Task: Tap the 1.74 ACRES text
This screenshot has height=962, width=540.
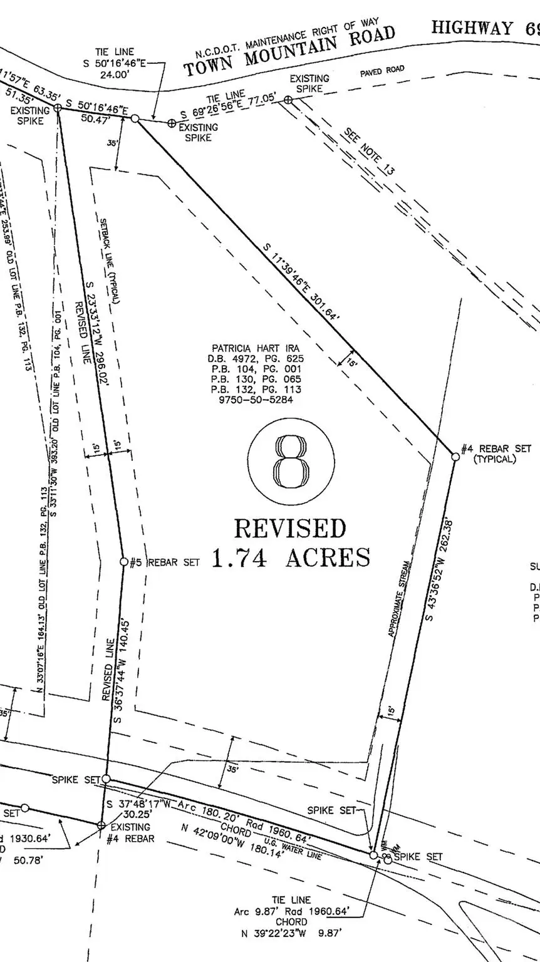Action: point(291,557)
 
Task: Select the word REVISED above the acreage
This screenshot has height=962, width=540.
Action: point(290,529)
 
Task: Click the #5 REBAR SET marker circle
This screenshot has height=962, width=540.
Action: point(124,562)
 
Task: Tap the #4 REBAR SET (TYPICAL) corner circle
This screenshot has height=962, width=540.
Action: point(455,457)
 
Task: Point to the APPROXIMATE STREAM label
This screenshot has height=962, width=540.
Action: point(400,598)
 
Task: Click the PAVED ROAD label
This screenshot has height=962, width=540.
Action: point(382,71)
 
